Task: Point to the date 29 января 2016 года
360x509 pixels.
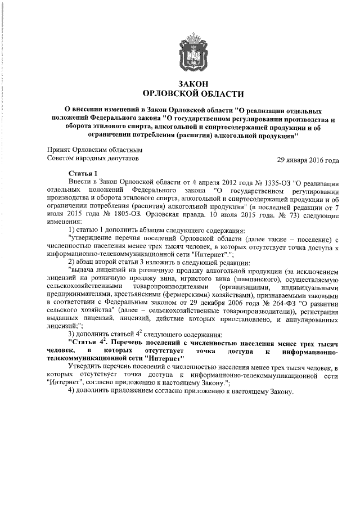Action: [x=308, y=160]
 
